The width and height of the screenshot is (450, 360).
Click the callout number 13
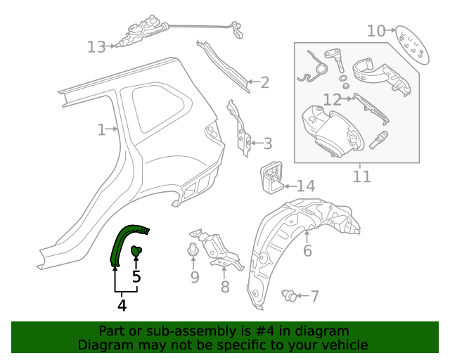point(96,47)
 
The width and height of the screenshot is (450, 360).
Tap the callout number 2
point(264,83)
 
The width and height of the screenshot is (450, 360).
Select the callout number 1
point(102,129)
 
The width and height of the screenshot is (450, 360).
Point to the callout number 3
point(266,144)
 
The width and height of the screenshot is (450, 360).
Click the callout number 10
point(376,31)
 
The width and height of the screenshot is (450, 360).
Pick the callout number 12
point(332,99)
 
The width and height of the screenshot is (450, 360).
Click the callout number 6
point(307,251)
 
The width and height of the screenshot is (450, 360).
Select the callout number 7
point(314,297)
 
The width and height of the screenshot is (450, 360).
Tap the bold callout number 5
point(136,276)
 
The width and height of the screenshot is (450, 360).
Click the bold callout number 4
point(122,306)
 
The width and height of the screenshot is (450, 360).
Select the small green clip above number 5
point(137,251)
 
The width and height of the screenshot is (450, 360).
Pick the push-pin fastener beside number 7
point(288,296)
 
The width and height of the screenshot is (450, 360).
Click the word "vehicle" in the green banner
point(343,345)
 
